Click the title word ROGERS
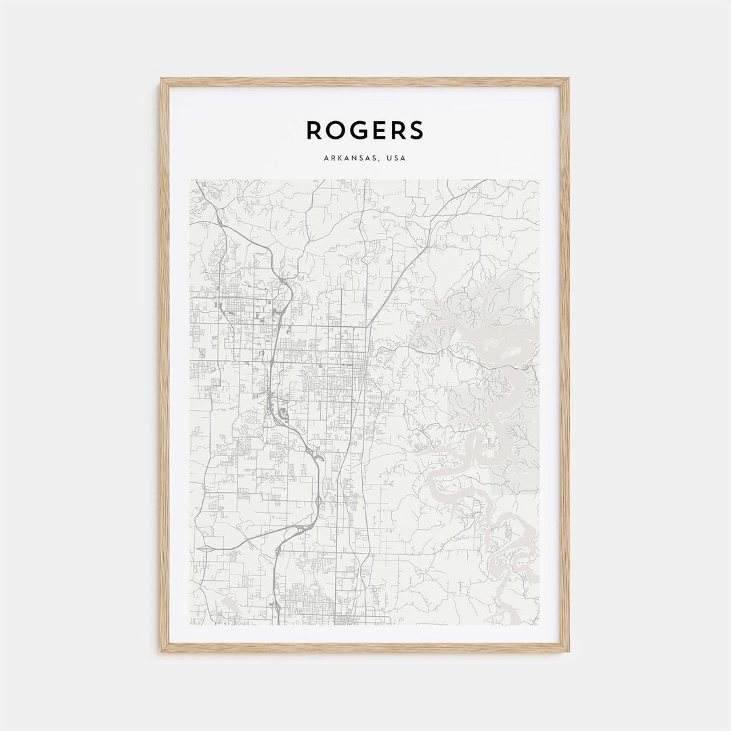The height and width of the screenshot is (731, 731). pyautogui.click(x=365, y=130)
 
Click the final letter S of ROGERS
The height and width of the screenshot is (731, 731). pyautogui.click(x=416, y=130)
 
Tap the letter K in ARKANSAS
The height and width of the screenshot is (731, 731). pyautogui.click(x=338, y=158)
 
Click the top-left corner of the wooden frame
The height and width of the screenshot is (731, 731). pyautogui.click(x=162, y=80)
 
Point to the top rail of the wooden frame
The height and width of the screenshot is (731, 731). pyautogui.click(x=365, y=82)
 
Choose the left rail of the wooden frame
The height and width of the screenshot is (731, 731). pyautogui.click(x=164, y=365)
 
